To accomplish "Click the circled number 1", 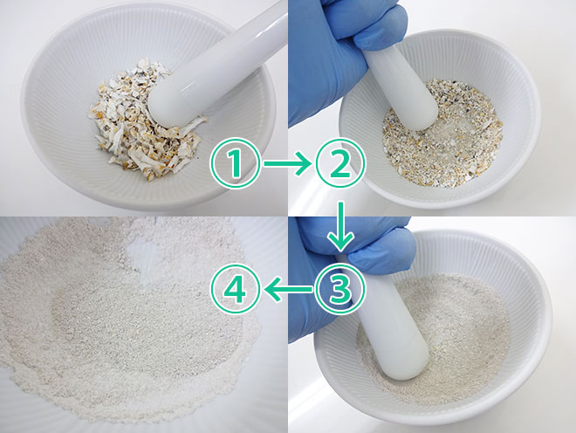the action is click(x=235, y=163).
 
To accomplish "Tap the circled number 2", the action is click(x=340, y=163).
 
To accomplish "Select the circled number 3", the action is click(x=340, y=289).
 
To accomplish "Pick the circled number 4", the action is click(x=235, y=289).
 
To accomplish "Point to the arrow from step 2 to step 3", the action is click(x=340, y=225).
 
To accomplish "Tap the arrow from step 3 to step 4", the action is click(x=288, y=289).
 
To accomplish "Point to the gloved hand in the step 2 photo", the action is click(x=341, y=55).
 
